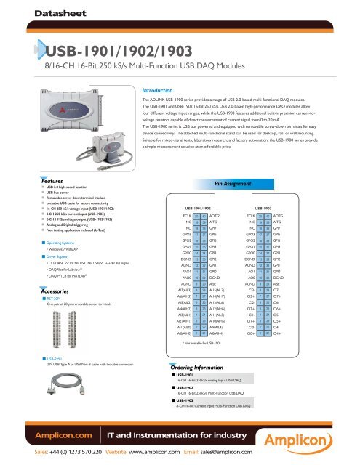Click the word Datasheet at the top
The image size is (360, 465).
[x=42, y=12]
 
